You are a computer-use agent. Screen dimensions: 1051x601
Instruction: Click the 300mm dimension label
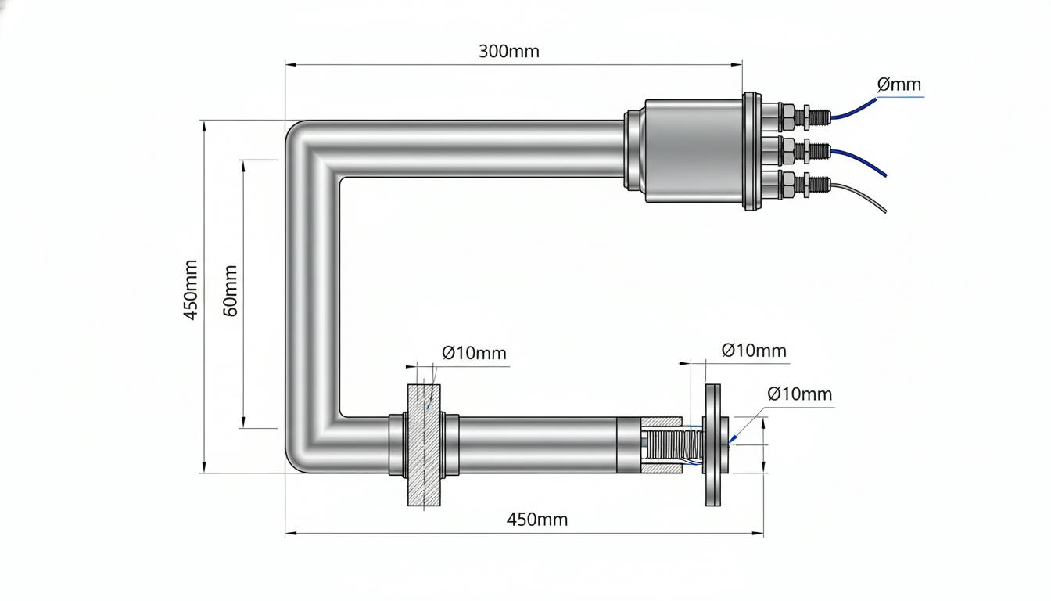pos(508,51)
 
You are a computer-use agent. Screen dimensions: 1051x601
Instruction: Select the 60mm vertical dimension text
pos(230,290)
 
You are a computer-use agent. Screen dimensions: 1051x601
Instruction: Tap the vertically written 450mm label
pos(191,290)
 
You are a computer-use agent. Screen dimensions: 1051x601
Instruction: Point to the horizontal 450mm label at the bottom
pos(536,520)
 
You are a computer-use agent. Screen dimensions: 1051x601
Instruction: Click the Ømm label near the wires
pos(899,85)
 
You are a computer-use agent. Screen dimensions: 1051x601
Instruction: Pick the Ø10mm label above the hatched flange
pos(474,353)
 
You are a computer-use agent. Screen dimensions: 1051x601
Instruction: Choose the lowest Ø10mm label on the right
pos(799,394)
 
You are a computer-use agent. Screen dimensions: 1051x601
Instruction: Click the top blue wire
pos(854,110)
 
